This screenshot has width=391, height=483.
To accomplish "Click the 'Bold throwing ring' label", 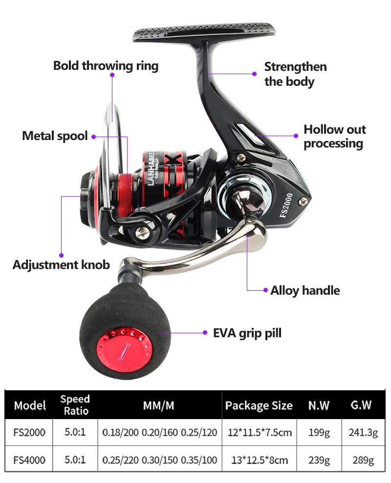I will click(x=106, y=66).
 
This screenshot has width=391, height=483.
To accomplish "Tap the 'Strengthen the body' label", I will click(x=295, y=74).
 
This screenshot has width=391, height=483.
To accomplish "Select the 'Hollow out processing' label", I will click(x=334, y=136).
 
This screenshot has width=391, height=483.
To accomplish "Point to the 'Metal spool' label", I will click(x=55, y=136).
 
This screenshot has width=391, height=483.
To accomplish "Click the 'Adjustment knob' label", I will click(x=61, y=265).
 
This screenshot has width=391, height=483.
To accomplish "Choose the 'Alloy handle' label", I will click(x=305, y=290).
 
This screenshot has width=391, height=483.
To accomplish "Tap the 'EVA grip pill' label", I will click(x=247, y=333).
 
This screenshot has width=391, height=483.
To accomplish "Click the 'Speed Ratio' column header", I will click(x=75, y=405).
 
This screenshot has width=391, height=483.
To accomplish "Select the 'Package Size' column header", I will click(x=259, y=405).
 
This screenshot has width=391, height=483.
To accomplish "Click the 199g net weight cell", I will click(x=319, y=432).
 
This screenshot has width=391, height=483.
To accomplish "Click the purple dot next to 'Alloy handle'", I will click(x=265, y=291).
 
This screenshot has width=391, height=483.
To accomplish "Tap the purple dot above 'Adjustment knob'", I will click(x=61, y=254).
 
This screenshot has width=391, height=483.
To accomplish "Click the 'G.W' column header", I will click(x=361, y=405).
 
